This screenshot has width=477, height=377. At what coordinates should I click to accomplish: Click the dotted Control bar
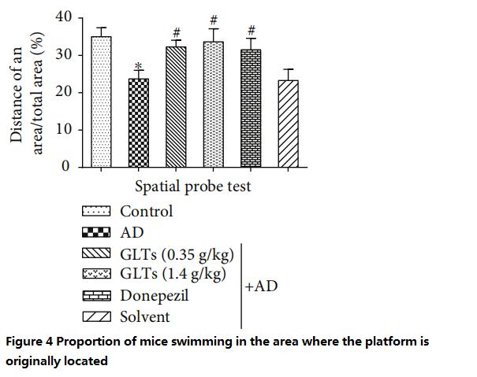[x=101, y=102]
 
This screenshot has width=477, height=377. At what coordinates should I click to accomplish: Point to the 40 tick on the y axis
[x=64, y=17]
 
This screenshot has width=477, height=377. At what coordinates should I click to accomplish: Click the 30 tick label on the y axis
[x=64, y=54]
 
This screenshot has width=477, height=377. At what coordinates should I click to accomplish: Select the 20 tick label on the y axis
[x=64, y=92]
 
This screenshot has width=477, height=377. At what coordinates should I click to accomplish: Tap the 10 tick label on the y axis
[x=64, y=129]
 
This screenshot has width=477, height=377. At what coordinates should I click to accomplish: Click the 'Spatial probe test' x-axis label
[x=193, y=187]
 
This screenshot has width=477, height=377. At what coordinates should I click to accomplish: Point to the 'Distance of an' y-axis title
[x=17, y=92]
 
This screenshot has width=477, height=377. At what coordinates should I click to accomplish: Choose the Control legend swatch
[x=97, y=212]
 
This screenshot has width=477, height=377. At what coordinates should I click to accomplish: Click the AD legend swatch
[x=97, y=233]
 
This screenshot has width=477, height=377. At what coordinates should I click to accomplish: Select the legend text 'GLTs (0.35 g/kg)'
[x=177, y=254]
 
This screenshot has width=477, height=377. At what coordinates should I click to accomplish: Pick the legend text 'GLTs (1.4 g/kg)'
[x=173, y=275]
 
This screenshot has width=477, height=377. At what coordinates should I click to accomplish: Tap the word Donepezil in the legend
[x=154, y=296]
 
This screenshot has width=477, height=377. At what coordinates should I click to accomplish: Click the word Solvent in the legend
[x=145, y=316]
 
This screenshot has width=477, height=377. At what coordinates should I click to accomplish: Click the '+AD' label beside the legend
[x=262, y=286]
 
